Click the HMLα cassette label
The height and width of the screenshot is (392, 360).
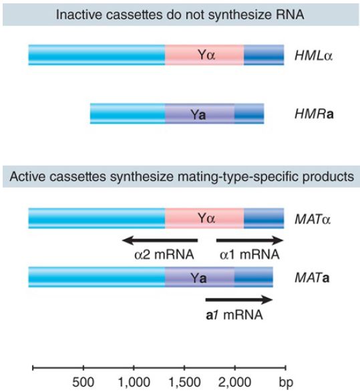[x=314, y=55]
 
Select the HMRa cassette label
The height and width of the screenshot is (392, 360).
[x=314, y=114]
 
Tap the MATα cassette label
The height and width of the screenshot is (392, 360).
[x=313, y=219]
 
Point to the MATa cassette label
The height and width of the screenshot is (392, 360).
[x=312, y=278]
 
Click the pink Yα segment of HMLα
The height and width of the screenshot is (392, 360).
[x=204, y=55]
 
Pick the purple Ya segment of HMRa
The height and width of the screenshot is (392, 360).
[x=200, y=114]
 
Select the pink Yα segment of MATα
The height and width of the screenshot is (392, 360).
[x=204, y=218]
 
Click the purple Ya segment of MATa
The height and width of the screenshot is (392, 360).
[x=200, y=277]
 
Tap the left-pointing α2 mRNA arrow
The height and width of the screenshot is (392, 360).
[x=160, y=240]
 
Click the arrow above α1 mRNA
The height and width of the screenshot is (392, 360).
[x=250, y=240]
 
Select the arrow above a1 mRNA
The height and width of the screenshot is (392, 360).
[x=239, y=299]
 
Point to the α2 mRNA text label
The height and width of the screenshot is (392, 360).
[x=164, y=254]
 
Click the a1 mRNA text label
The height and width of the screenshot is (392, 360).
[x=234, y=315]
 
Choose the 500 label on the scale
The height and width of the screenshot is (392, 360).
[x=83, y=382]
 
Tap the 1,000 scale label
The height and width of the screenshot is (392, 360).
[x=134, y=382]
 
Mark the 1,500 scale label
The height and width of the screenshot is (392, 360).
[x=184, y=382]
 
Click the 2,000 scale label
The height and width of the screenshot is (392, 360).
[x=234, y=382]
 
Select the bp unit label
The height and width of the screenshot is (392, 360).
[x=286, y=383]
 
